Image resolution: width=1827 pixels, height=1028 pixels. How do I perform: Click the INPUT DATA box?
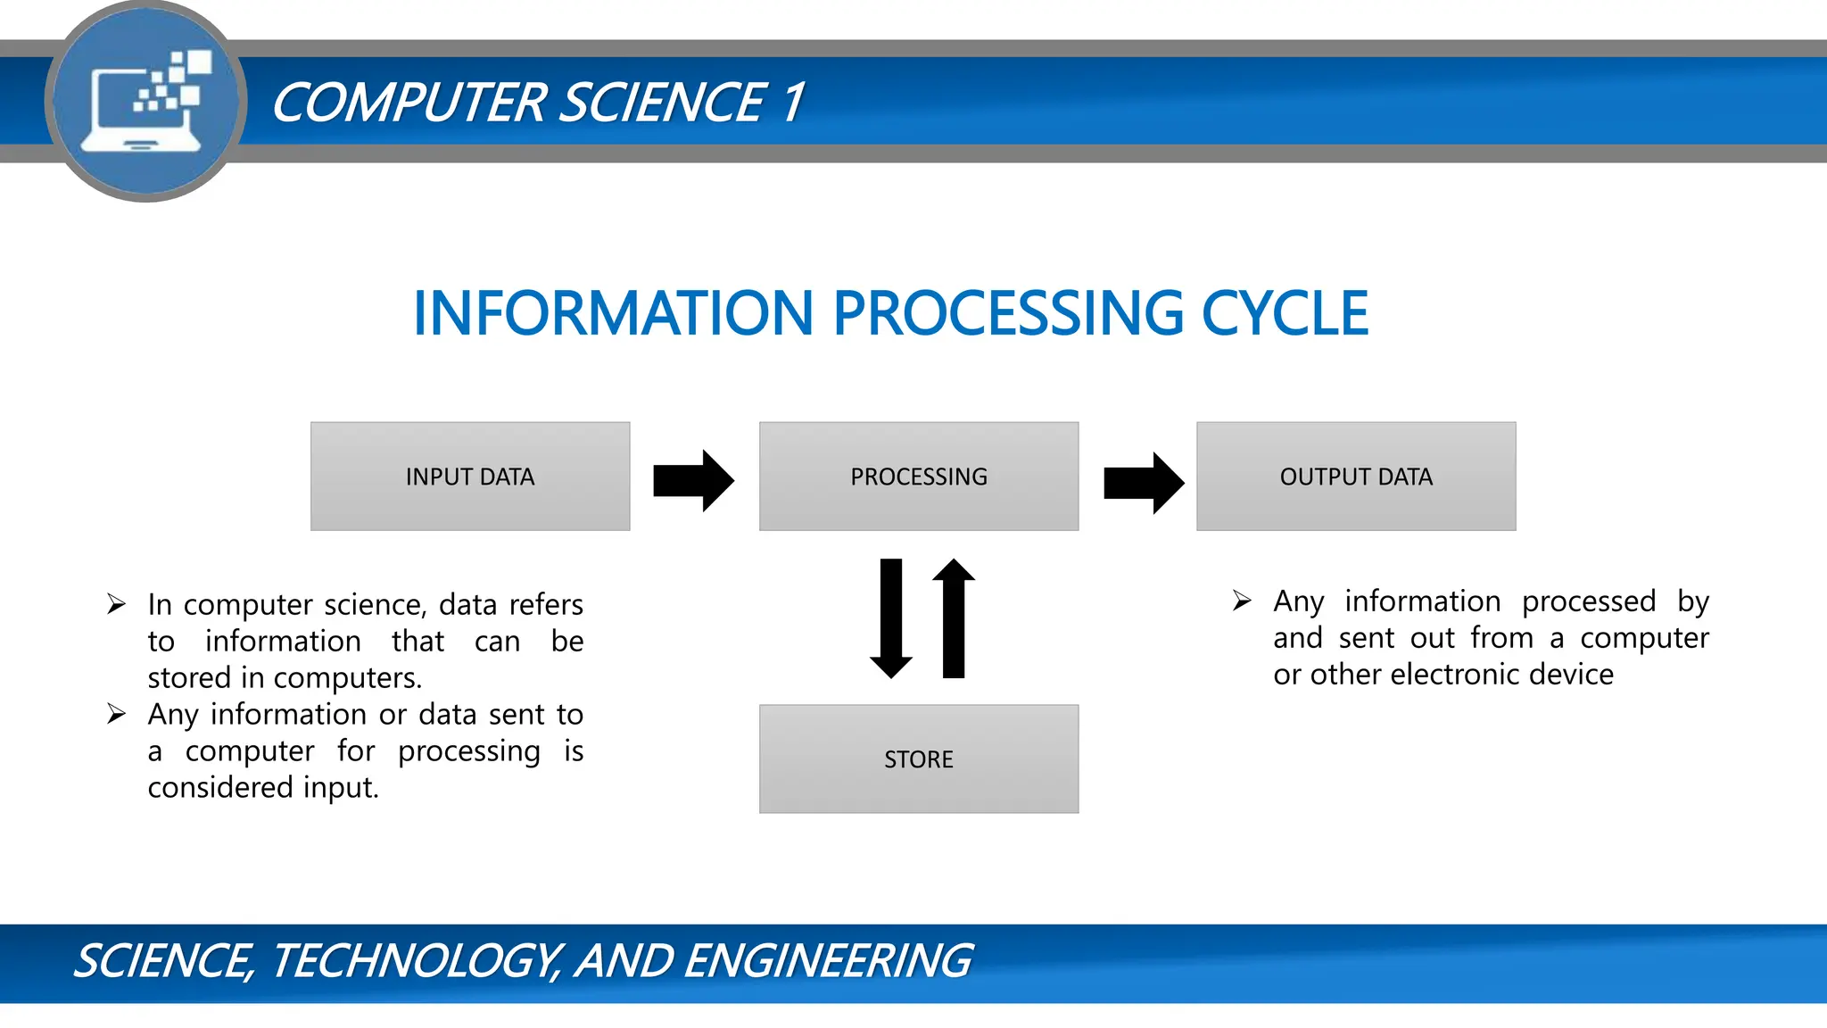coord(470,477)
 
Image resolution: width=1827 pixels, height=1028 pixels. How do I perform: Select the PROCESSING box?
coord(919,477)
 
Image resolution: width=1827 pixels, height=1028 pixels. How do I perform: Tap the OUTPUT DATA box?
coord(1356,477)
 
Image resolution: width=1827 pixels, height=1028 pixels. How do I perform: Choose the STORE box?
coord(919,759)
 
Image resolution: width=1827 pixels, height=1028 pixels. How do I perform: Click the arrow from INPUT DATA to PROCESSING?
coord(694,480)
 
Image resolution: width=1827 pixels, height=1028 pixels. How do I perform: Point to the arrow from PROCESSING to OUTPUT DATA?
coord(1144,483)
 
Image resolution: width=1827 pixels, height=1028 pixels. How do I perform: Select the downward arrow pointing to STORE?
coord(891,618)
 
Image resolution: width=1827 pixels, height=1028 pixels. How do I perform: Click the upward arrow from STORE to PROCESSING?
coord(954,618)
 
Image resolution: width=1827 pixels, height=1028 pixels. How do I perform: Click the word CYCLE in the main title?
coord(1285,314)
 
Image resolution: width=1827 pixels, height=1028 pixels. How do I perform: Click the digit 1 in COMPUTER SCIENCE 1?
coord(793,102)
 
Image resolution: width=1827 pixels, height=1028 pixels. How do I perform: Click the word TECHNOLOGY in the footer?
coord(415,961)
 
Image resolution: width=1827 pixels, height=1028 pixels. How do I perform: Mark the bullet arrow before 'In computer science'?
coord(116,604)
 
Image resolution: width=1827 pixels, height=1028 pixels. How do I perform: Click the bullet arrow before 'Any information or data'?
coord(116,714)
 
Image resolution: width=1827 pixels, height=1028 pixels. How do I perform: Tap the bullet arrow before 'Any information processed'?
coord(1242,601)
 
